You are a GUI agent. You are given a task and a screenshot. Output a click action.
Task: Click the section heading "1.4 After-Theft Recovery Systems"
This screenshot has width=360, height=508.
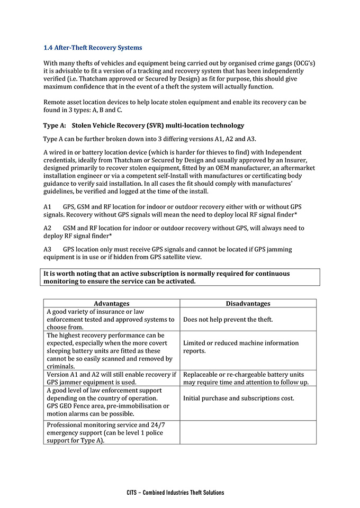[92, 48]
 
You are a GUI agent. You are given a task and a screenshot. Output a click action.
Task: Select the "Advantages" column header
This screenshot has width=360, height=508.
[111, 304]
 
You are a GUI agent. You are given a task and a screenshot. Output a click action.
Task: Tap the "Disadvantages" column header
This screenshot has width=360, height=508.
[248, 304]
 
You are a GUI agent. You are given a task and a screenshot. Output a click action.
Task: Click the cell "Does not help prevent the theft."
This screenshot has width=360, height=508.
[228, 320]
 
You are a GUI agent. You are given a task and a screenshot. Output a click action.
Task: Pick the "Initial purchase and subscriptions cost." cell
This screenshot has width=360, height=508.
[239, 398]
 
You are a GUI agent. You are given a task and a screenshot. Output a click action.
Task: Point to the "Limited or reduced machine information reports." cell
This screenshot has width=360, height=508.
[241, 347]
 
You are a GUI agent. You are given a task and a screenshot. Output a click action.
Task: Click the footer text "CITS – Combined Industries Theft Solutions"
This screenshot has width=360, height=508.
[175, 492]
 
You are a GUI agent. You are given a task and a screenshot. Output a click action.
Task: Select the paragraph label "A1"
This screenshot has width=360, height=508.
[47, 206]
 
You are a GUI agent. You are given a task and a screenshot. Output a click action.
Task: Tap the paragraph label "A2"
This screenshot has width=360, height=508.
[47, 228]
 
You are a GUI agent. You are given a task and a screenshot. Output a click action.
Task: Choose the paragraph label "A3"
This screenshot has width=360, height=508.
[47, 249]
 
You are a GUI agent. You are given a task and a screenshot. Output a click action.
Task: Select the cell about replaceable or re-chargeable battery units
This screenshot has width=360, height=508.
[247, 378]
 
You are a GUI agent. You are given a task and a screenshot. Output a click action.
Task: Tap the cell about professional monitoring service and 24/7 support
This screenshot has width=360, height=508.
[111, 432]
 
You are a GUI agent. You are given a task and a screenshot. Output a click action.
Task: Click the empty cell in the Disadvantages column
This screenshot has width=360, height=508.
[248, 432]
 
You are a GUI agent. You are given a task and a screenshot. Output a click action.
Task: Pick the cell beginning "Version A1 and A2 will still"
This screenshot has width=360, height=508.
[111, 378]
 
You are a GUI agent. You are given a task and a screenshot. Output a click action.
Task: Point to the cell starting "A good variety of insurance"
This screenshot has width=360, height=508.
[111, 319]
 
